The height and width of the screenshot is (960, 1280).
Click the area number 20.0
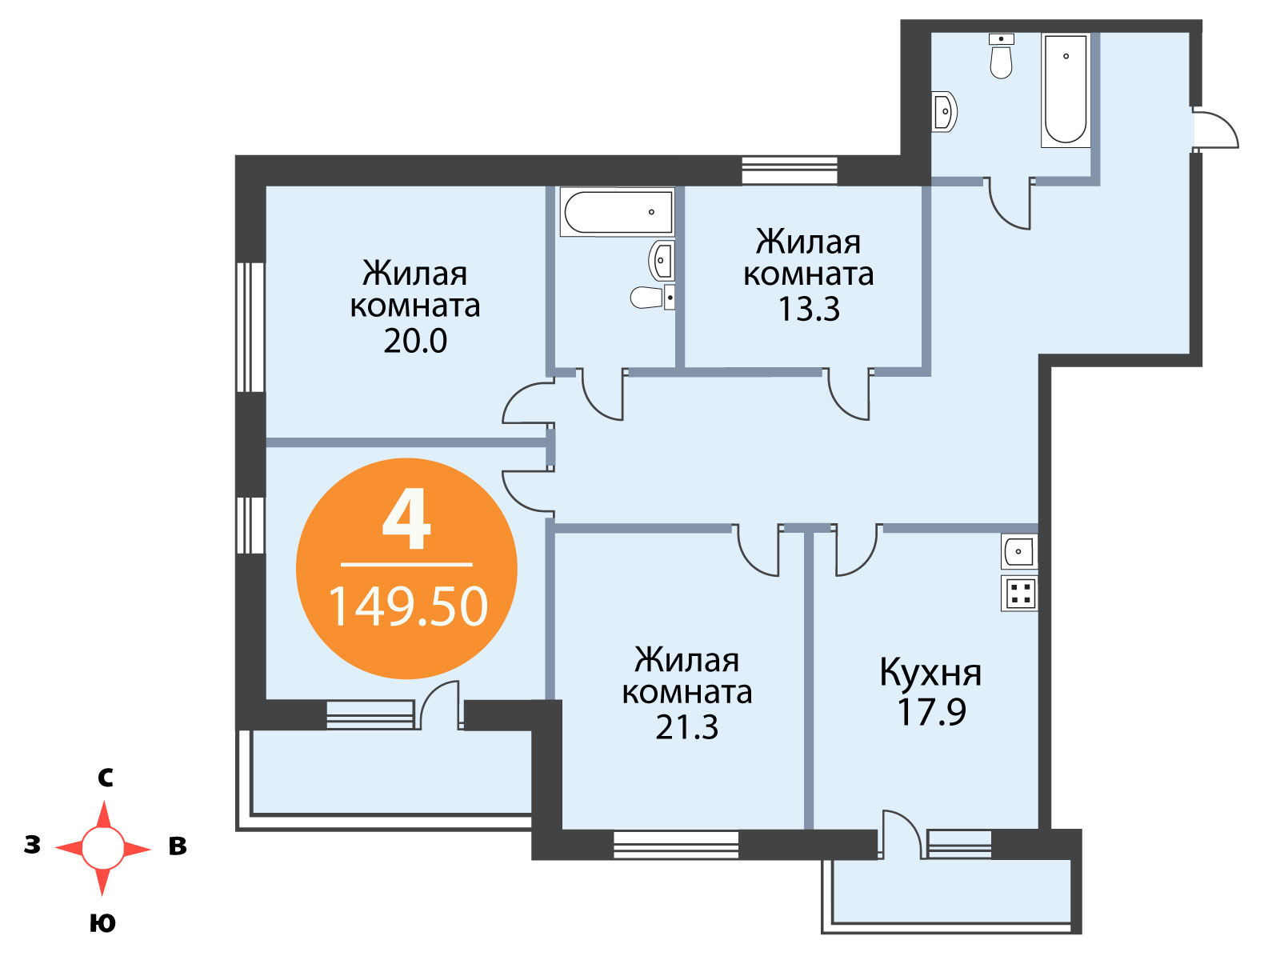(x=414, y=341)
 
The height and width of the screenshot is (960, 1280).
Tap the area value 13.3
(x=809, y=310)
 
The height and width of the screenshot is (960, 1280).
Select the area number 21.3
(x=687, y=727)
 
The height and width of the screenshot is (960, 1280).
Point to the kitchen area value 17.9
(x=931, y=712)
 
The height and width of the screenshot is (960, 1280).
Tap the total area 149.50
(x=408, y=606)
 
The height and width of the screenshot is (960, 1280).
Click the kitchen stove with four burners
(x=1018, y=594)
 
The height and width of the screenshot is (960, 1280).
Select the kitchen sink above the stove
(x=1018, y=551)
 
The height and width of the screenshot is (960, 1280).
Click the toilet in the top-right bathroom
(x=1002, y=56)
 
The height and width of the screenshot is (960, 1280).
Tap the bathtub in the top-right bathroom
(x=1066, y=90)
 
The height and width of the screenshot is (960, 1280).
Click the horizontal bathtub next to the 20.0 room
(x=617, y=212)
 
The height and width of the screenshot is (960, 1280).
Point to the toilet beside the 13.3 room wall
(x=652, y=298)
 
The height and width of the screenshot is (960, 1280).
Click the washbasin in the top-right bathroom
(x=943, y=111)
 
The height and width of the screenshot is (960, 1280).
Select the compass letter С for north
(x=106, y=778)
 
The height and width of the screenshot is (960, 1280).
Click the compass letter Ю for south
(x=102, y=923)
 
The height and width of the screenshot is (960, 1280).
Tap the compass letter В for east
(x=178, y=846)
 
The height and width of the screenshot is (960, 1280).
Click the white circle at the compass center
(x=103, y=847)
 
